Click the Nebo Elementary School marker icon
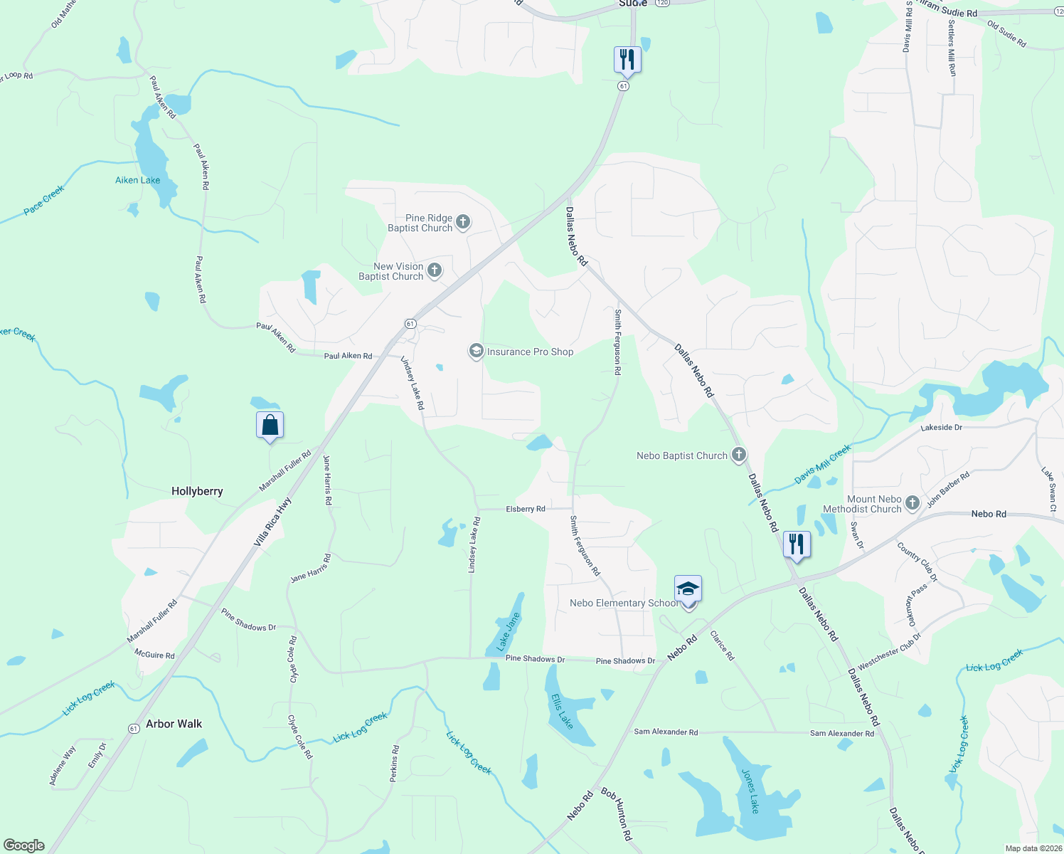[x=688, y=589]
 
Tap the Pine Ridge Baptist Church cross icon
[x=463, y=223]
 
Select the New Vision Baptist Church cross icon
[x=435, y=270]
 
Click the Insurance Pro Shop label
[x=530, y=352]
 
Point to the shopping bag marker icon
[x=270, y=425]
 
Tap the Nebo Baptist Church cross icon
[x=739, y=455]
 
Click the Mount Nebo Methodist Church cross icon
[x=913, y=504]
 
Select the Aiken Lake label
[x=138, y=180]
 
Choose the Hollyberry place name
[x=197, y=491]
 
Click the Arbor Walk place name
[x=174, y=724]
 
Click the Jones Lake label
[x=750, y=791]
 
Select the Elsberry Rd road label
[x=526, y=509]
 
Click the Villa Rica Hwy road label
[x=272, y=522]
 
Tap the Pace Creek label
[x=44, y=200]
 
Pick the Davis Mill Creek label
[x=823, y=465]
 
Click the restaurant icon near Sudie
[x=627, y=60]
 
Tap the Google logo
[x=24, y=845]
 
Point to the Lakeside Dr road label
[x=941, y=428]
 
